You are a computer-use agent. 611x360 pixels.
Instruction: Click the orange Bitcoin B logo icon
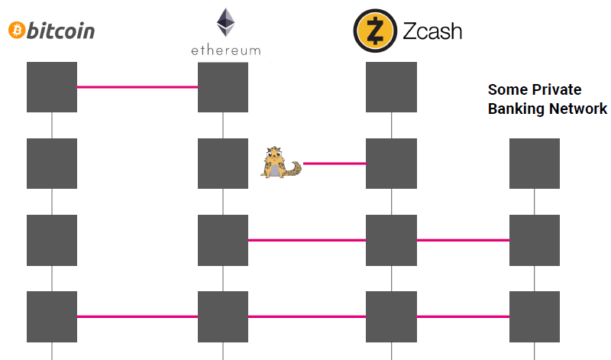[17, 30]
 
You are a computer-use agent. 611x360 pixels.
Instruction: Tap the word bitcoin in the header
[60, 31]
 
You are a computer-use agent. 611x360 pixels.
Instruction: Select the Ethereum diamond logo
[225, 22]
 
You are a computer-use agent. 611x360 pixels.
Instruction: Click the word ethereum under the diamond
[225, 50]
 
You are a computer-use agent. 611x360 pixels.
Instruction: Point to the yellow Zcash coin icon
[375, 31]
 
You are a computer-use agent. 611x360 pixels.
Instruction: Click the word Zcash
[432, 31]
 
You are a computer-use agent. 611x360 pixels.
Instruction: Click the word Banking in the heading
[512, 109]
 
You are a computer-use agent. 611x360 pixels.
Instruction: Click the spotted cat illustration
[280, 162]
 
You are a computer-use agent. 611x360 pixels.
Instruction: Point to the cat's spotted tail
[294, 169]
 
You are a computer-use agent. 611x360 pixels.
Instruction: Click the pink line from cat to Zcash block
[335, 164]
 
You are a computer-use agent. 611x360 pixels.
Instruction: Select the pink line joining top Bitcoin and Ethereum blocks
[137, 87]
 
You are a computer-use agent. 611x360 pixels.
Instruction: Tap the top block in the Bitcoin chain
[52, 87]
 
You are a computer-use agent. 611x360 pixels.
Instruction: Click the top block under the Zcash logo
[391, 87]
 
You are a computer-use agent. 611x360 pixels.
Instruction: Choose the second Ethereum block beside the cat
[223, 164]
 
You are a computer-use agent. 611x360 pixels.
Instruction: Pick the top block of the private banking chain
[535, 164]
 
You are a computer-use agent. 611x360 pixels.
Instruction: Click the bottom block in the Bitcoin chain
[52, 316]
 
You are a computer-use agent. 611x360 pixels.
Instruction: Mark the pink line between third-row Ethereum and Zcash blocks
[307, 240]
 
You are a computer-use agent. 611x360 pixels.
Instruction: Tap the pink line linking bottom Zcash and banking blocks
[463, 316]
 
